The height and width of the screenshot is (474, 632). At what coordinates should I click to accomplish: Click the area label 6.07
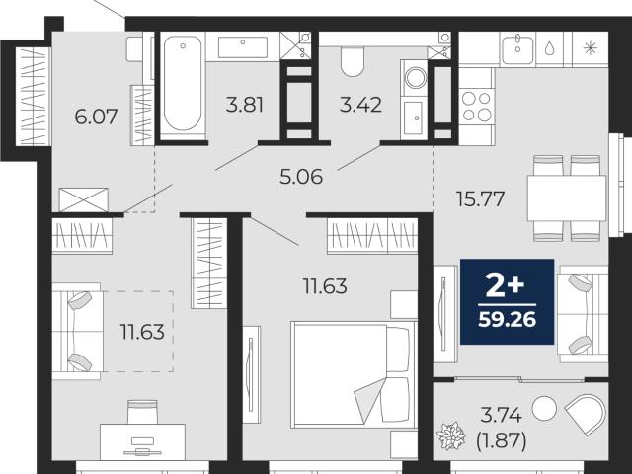(96, 117)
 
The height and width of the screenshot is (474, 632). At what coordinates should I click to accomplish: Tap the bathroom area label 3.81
(244, 106)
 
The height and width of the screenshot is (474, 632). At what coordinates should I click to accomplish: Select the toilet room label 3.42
(360, 106)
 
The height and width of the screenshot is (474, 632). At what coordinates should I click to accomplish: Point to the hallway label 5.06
(301, 177)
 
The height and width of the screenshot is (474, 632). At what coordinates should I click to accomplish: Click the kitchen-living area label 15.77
(480, 198)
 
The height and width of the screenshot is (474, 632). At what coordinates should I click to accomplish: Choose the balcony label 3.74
(501, 415)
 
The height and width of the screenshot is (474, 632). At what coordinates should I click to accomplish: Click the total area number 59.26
(507, 320)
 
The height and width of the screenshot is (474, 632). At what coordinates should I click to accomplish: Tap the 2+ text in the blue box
(506, 286)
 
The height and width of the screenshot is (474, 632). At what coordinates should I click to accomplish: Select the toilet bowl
(352, 60)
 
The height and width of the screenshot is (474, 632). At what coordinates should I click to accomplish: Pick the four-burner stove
(476, 107)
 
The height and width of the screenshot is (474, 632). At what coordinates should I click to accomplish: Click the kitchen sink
(517, 49)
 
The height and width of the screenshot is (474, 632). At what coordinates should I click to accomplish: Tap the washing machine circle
(416, 78)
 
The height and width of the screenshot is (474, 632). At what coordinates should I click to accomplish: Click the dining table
(567, 197)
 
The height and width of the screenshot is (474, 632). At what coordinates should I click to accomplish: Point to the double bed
(354, 374)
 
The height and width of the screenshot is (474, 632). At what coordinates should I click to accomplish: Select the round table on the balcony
(544, 408)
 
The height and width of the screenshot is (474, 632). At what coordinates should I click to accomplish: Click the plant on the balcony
(451, 435)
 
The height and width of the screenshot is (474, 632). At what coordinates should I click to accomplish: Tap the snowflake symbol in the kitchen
(591, 48)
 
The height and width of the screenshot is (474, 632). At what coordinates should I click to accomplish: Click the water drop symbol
(550, 48)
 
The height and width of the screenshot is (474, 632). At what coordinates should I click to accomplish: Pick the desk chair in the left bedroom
(142, 412)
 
